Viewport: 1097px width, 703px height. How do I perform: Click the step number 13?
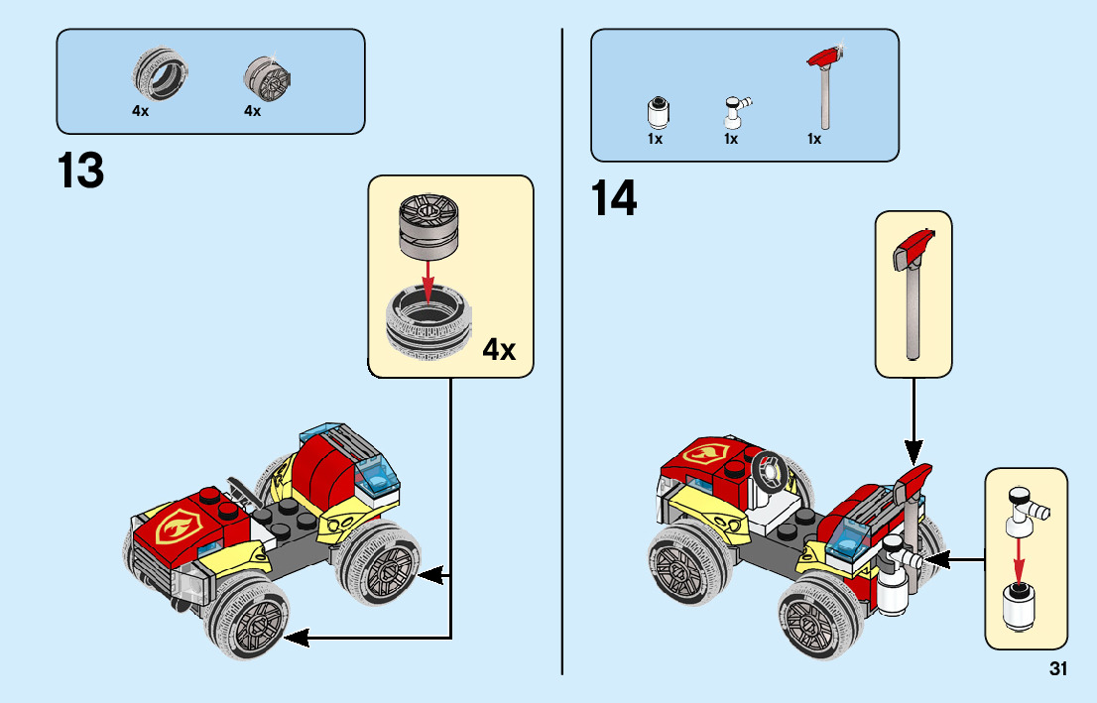coord(81,171)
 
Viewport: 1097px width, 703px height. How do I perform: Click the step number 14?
coord(614,198)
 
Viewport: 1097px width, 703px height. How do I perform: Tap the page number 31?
coord(1057,669)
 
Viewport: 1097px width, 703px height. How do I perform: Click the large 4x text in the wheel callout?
coord(499,349)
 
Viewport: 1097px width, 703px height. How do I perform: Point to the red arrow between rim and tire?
coord(427,278)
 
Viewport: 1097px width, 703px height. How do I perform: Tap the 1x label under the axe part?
coord(813,140)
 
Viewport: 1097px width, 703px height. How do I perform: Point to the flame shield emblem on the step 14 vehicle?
coord(705,457)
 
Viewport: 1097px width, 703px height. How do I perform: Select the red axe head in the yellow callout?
coord(914,247)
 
